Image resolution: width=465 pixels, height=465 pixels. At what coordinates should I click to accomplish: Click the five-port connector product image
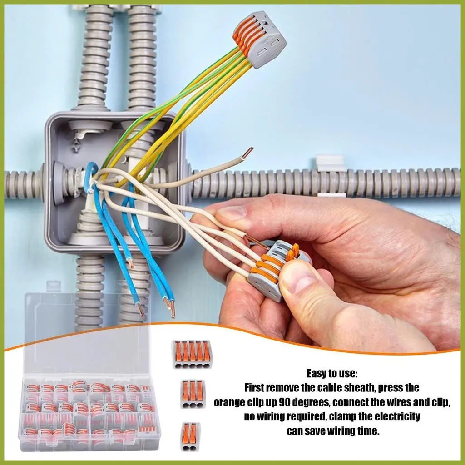(x=192, y=354)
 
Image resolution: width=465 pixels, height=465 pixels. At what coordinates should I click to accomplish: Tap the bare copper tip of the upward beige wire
(x=247, y=153)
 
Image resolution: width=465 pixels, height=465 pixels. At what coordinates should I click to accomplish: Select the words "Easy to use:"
(x=332, y=373)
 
